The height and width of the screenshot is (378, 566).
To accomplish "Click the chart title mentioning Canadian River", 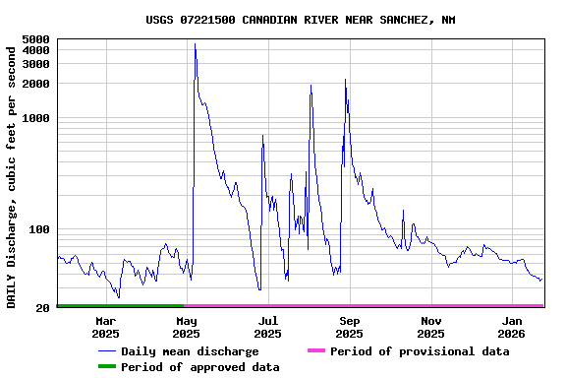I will coord(300,20).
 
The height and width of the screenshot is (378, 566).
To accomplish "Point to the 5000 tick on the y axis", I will coord(35,39).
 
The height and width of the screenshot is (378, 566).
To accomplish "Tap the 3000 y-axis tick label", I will coord(35,64).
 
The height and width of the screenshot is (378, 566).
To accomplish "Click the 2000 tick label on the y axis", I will coord(35,84).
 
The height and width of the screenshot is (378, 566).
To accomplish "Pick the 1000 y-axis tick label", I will coord(35,118).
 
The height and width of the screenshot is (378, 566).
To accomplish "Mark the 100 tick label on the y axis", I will coord(39,229).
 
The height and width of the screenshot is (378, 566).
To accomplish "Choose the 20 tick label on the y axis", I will coord(43,308).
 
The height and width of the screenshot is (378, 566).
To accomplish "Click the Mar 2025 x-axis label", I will coord(105,328).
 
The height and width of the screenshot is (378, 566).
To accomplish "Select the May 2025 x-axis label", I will coord(187,328).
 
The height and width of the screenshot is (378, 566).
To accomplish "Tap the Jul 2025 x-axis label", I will coord(268,328).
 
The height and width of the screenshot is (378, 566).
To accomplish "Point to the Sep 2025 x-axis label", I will coord(350,328).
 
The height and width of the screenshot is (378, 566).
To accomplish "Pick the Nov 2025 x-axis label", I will coord(430,328).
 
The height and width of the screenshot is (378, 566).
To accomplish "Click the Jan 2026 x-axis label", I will coord(512,328).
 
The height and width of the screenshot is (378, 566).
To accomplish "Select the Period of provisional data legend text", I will coord(420,351).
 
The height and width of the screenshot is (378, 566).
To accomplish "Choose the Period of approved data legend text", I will coord(199,367).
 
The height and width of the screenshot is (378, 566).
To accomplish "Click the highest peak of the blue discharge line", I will coord(195,44).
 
